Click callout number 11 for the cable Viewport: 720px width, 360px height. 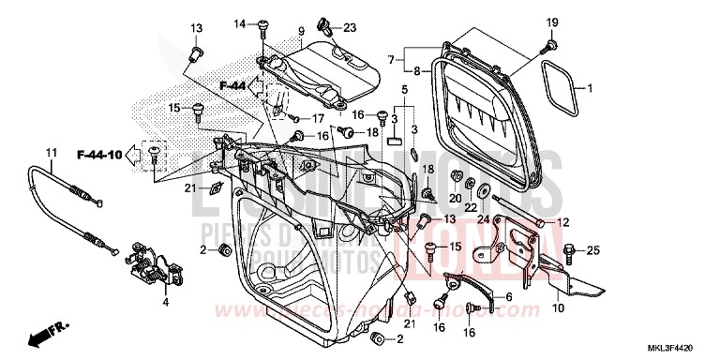[51, 152]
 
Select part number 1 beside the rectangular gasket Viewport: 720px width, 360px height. [591, 89]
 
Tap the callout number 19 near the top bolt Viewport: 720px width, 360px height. [551, 22]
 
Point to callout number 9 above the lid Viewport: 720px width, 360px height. [301, 31]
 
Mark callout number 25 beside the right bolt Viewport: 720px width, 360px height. [592, 250]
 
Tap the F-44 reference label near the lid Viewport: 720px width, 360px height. [232, 85]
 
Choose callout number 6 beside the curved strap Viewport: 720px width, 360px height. [509, 297]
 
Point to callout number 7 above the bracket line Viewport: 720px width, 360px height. [391, 59]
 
